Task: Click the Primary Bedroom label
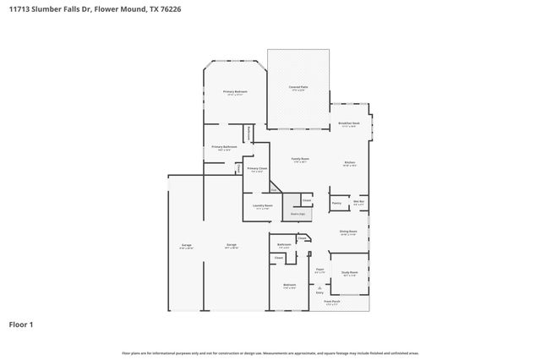tap(235, 92)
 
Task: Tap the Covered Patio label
tap(298, 88)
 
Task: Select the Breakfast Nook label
tap(349, 123)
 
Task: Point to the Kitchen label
tap(349, 162)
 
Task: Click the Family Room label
tap(300, 159)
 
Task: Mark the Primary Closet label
tap(257, 169)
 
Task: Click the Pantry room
tap(336, 203)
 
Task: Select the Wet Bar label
tap(358, 201)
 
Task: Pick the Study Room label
tap(349, 273)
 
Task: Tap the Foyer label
tap(320, 270)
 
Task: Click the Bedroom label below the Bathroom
tap(289, 286)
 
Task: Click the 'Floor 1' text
tap(22, 324)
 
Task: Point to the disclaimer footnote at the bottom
tap(270, 352)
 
